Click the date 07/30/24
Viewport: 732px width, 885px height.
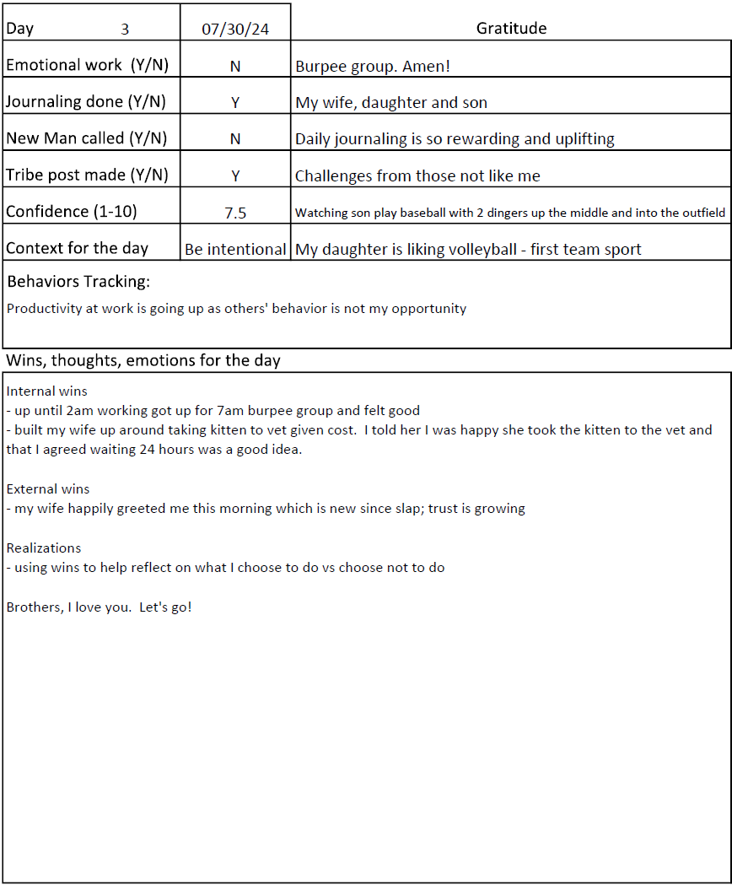tap(235, 29)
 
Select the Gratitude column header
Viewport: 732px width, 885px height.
tap(511, 29)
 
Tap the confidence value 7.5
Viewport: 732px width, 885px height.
tap(235, 213)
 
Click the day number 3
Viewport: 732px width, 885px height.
tap(125, 29)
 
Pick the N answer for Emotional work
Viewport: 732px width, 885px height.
tap(235, 66)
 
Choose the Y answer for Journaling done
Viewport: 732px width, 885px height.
tap(235, 103)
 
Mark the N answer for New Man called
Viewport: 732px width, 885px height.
tap(235, 139)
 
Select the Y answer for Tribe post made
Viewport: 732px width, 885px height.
tap(235, 176)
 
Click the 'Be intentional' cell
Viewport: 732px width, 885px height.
tap(235, 250)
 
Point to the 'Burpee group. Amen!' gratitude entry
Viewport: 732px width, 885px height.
tap(373, 66)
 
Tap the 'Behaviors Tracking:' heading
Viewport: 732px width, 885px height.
tap(78, 282)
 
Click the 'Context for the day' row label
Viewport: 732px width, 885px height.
tap(77, 249)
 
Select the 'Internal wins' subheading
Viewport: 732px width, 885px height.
tap(46, 391)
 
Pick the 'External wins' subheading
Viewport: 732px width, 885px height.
tap(47, 489)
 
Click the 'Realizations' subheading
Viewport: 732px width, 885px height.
tap(44, 548)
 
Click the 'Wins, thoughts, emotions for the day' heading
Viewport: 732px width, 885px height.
tap(143, 361)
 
